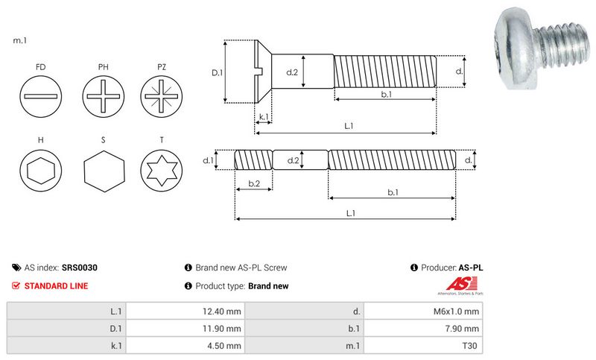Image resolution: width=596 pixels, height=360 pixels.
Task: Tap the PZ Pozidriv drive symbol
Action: (x=162, y=98)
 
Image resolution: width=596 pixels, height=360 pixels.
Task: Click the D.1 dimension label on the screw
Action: (x=217, y=73)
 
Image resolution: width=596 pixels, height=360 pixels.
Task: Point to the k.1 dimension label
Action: (x=263, y=117)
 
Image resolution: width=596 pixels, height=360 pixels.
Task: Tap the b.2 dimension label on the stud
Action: (x=253, y=183)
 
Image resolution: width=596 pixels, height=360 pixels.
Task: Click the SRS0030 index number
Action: (x=80, y=267)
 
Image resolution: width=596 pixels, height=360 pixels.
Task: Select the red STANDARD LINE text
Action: (x=56, y=285)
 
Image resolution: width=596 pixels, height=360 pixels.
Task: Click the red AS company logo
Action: (x=456, y=283)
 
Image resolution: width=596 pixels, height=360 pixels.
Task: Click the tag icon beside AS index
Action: (x=16, y=267)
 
